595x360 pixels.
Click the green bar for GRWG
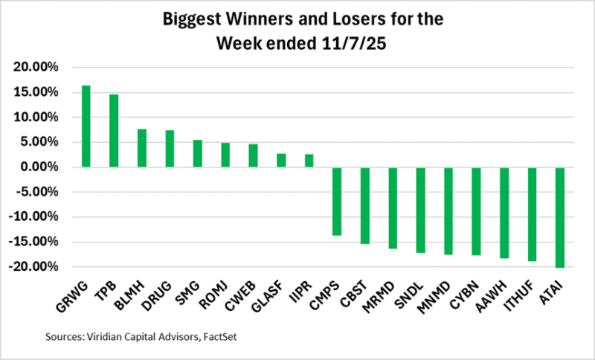86,126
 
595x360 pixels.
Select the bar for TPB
114,131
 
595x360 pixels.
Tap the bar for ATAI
560,217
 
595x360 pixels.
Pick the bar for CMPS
337,201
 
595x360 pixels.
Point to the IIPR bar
309,161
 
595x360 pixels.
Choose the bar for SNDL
420,210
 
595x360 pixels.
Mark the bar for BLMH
141,148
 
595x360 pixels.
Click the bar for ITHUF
532,214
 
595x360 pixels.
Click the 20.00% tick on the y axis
36,68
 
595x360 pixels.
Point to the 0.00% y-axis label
39,167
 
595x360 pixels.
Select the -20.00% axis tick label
34,266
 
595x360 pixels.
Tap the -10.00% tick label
34,217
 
